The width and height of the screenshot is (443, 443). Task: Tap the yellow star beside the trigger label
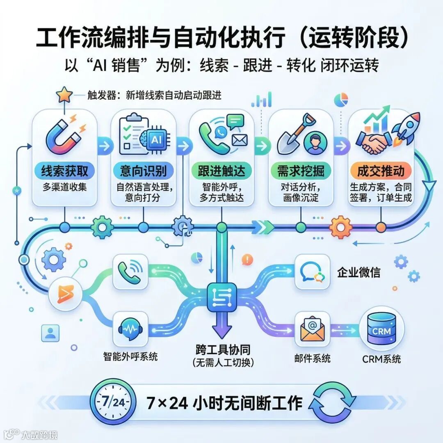click(x=64, y=95)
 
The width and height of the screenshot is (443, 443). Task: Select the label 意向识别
click(x=143, y=171)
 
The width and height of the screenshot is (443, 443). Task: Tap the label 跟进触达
click(x=221, y=171)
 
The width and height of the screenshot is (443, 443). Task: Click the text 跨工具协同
click(x=223, y=350)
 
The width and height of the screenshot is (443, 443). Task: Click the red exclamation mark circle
click(x=247, y=259)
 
